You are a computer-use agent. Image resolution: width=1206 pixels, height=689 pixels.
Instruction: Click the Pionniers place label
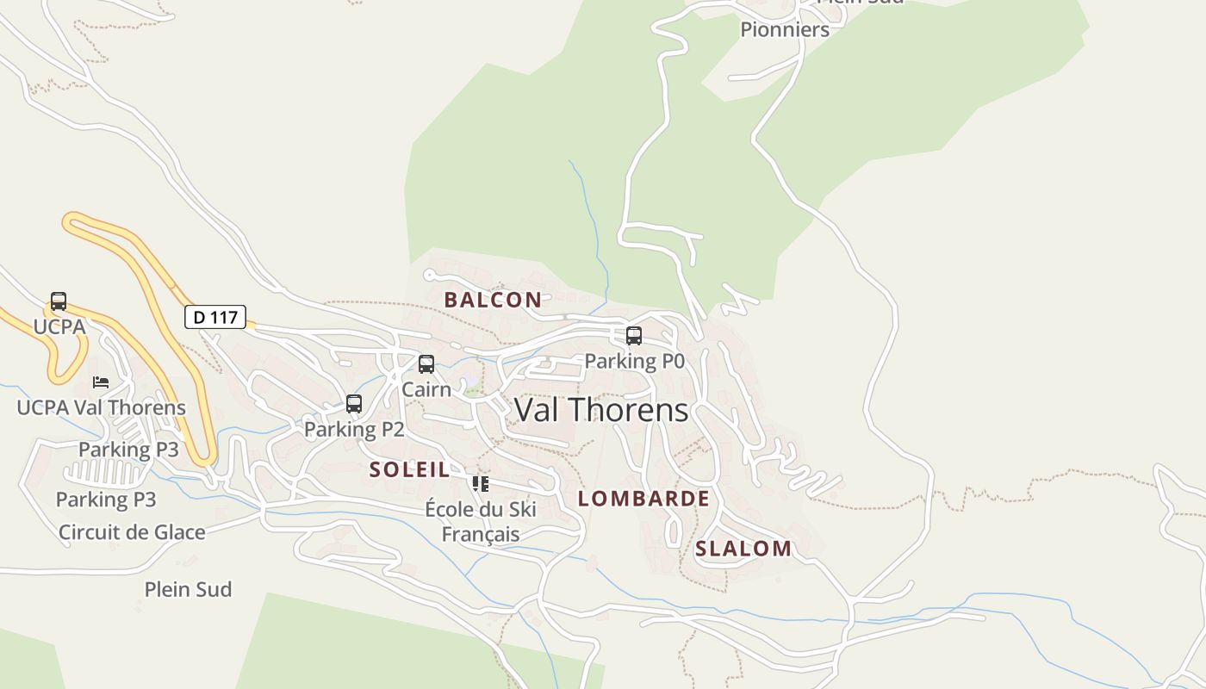785,29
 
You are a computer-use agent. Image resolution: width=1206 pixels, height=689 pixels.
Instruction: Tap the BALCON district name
493,300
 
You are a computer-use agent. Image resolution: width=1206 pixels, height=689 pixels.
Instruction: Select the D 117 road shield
215,317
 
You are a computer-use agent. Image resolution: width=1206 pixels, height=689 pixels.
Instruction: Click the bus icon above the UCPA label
59,301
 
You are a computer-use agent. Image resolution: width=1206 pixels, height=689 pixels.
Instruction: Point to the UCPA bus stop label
59,326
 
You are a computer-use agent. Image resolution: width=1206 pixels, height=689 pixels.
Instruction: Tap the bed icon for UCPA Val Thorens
101,382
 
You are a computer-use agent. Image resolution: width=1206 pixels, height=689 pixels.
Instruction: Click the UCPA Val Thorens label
102,407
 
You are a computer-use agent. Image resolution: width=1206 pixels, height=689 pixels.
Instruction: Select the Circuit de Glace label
132,532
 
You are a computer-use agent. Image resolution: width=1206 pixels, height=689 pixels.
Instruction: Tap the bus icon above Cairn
426,364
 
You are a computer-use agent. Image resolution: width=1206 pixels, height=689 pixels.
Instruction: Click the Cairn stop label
426,389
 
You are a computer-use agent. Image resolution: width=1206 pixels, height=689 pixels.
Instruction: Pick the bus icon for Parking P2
354,403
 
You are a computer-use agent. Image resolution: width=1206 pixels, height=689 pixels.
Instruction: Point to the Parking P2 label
354,429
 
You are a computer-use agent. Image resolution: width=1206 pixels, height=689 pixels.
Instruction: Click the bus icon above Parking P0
634,336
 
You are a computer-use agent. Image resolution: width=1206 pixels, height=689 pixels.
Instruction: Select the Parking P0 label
635,362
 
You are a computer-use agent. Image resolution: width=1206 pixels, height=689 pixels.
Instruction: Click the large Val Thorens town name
601,410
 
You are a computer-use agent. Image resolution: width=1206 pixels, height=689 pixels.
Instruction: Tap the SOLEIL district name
409,469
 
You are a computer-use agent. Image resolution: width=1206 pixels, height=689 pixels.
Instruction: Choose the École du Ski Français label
481,521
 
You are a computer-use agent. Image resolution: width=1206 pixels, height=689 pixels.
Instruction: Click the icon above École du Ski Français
481,484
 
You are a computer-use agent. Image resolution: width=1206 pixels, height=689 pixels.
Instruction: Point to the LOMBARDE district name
643,499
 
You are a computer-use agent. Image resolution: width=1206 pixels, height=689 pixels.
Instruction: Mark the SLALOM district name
743,549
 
